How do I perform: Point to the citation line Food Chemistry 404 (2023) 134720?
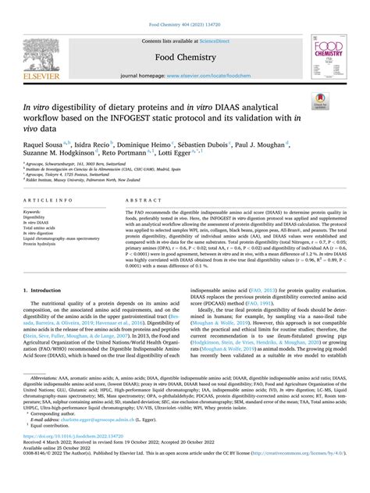184,6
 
